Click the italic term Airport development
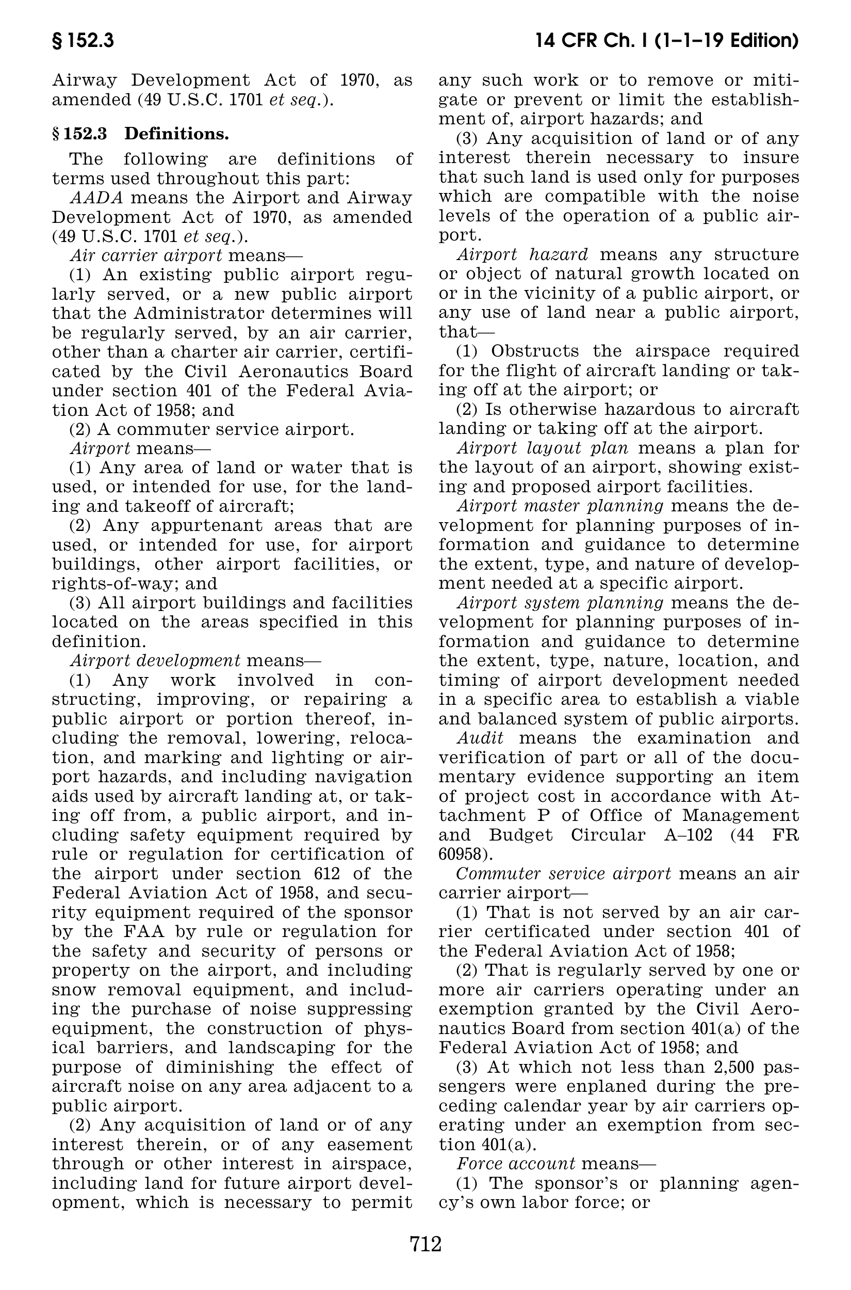click(x=155, y=661)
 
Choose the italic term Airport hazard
click(x=522, y=254)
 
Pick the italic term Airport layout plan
click(x=543, y=448)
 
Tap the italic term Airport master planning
click(x=560, y=506)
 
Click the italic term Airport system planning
click(x=560, y=603)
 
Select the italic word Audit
click(x=480, y=738)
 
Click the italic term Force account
click(x=516, y=1164)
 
